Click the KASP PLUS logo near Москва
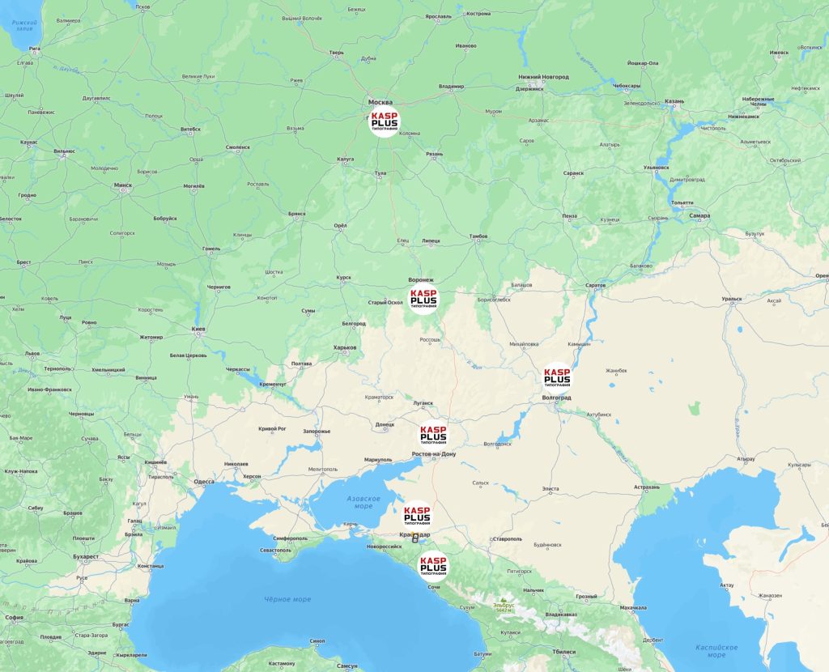click(384, 121)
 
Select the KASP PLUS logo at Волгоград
click(557, 377)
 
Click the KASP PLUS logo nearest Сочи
click(433, 565)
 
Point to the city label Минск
click(123, 185)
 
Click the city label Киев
click(198, 330)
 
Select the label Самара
click(699, 216)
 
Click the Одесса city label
click(204, 482)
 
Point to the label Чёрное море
click(287, 599)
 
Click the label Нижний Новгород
click(544, 77)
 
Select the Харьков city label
click(345, 347)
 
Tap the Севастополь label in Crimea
click(275, 551)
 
